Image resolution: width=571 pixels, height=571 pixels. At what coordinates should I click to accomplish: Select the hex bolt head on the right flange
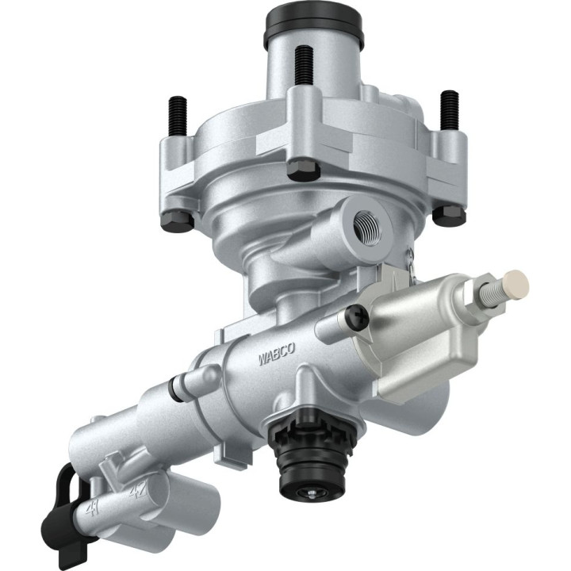tap(448, 213)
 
